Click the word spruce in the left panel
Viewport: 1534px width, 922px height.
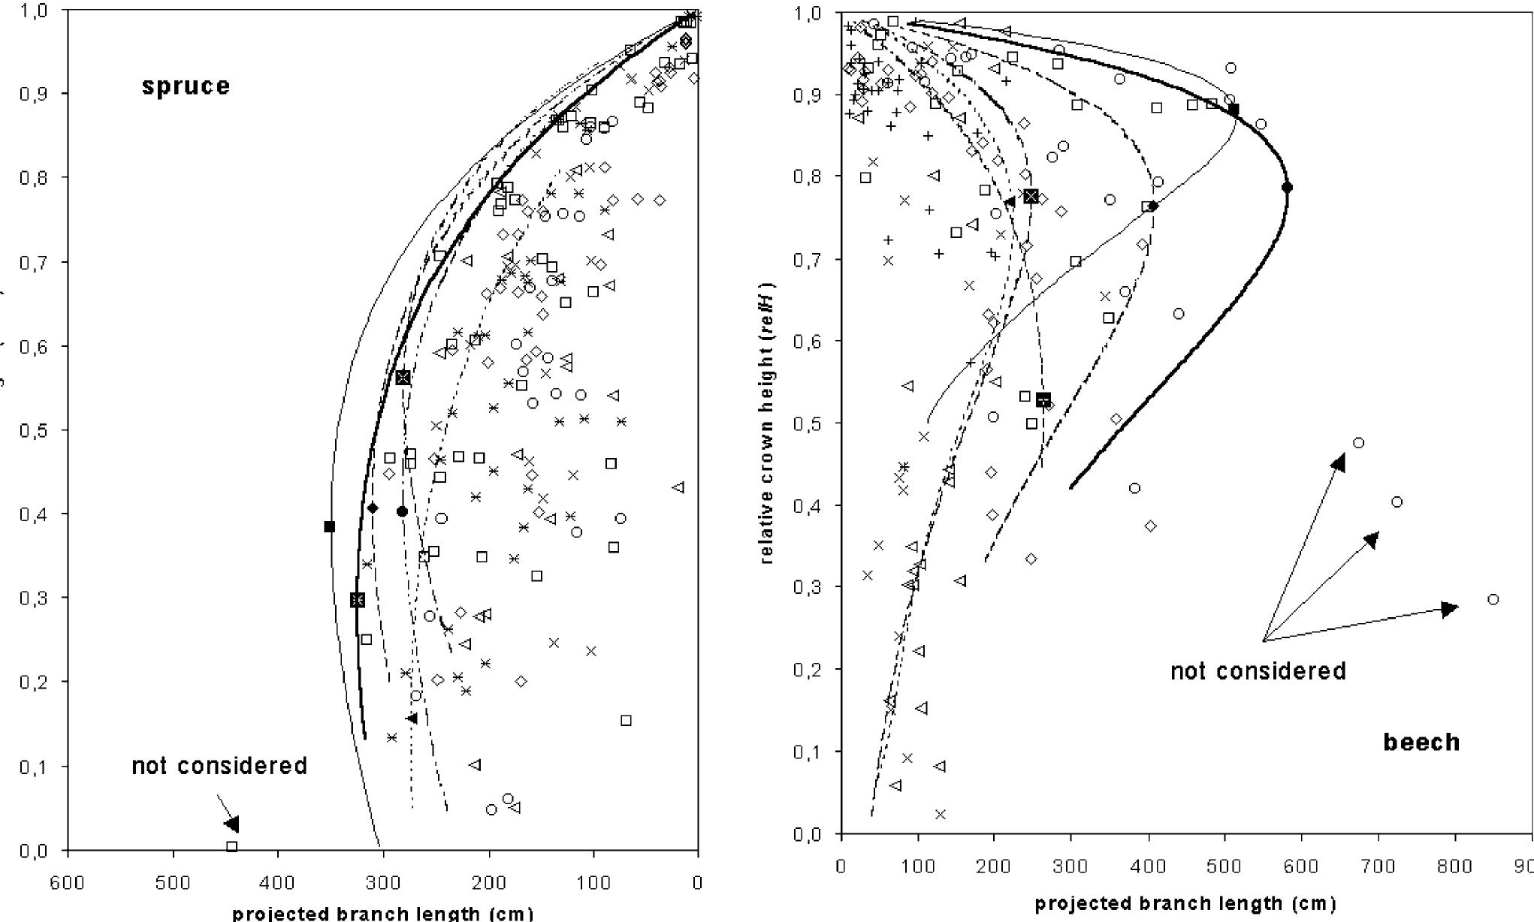point(186,86)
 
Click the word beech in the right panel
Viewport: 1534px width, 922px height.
point(1421,743)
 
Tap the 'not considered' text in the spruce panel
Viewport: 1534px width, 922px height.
point(219,766)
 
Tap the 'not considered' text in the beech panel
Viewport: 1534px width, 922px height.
point(1258,670)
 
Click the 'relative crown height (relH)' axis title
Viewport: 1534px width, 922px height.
point(767,423)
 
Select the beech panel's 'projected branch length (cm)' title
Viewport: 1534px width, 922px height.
point(1185,904)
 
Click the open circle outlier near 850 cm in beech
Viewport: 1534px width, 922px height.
point(1493,599)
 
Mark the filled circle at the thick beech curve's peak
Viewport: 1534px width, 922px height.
point(1287,187)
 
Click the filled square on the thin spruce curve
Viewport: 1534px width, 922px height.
point(329,526)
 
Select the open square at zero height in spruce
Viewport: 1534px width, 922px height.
point(232,846)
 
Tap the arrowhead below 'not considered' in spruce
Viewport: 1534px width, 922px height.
point(232,824)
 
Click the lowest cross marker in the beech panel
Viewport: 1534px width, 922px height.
point(940,814)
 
